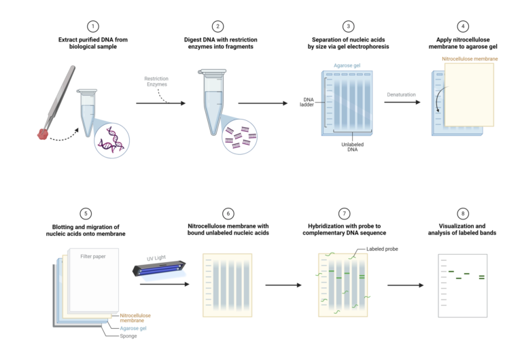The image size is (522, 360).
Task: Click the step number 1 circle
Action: pyautogui.click(x=93, y=26)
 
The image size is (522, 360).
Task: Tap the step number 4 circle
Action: pyautogui.click(x=463, y=26)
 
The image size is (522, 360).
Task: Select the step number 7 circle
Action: pyautogui.click(x=345, y=213)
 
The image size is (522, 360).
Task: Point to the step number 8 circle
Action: pyautogui.click(x=463, y=213)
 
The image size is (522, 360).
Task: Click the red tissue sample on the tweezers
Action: pyautogui.click(x=43, y=134)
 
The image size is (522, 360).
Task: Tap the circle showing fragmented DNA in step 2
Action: pyautogui.click(x=240, y=136)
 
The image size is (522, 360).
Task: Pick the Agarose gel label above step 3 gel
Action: pyautogui.click(x=347, y=65)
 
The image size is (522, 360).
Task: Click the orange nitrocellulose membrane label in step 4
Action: pyautogui.click(x=470, y=58)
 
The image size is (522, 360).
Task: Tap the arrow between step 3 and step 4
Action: pyautogui.click(x=401, y=103)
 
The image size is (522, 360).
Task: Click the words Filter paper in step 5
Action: pyautogui.click(x=93, y=256)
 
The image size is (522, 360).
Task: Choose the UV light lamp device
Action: pyautogui.click(x=158, y=270)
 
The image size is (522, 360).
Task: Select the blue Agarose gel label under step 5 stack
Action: pyautogui.click(x=134, y=327)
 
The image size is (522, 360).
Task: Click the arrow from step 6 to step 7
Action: pyautogui.click(x=283, y=285)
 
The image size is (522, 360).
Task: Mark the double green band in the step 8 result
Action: pyautogui.click(x=482, y=277)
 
